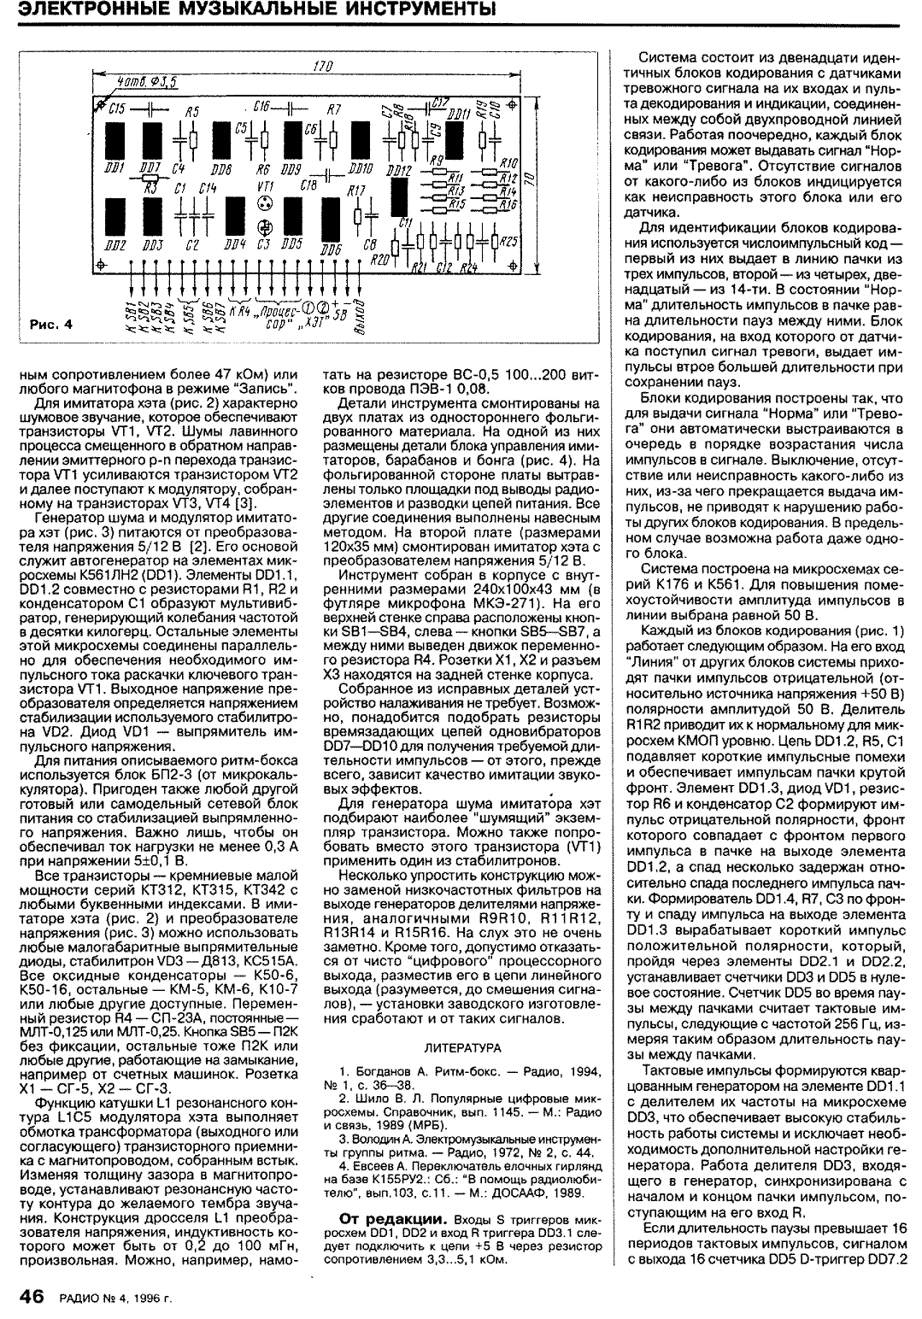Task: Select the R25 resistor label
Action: pos(509,241)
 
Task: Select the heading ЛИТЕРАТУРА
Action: pos(461,1046)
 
